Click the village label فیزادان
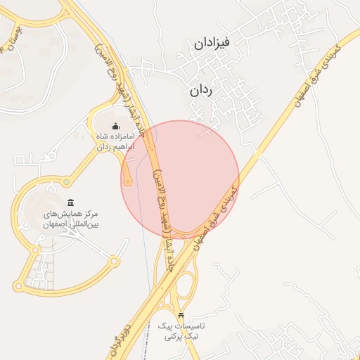tap(221, 44)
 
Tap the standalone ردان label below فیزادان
tap(201, 91)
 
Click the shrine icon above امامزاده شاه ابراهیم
tap(115, 126)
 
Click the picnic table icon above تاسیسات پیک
tap(182, 315)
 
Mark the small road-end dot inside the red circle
tap(127, 183)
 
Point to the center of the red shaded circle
tap(180, 179)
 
